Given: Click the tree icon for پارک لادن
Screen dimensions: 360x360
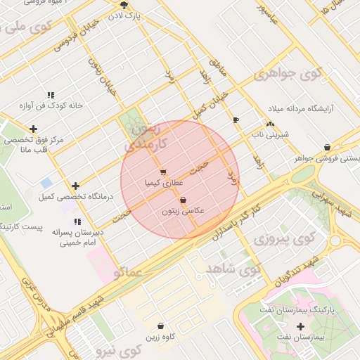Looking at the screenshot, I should (x=124, y=5).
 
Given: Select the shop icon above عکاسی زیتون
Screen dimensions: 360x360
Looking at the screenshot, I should (x=183, y=200).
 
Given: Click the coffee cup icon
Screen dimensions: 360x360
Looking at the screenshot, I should (x=236, y=120).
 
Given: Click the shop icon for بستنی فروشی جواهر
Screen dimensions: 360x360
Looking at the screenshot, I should (x=328, y=147).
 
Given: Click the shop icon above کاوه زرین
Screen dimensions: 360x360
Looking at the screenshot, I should (x=162, y=326).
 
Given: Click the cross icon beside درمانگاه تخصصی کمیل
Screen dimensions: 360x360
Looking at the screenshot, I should (x=75, y=186).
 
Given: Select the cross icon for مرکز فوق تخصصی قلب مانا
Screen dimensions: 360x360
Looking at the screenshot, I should (x=33, y=129).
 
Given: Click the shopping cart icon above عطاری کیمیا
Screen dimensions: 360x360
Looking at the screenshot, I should (x=163, y=172).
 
